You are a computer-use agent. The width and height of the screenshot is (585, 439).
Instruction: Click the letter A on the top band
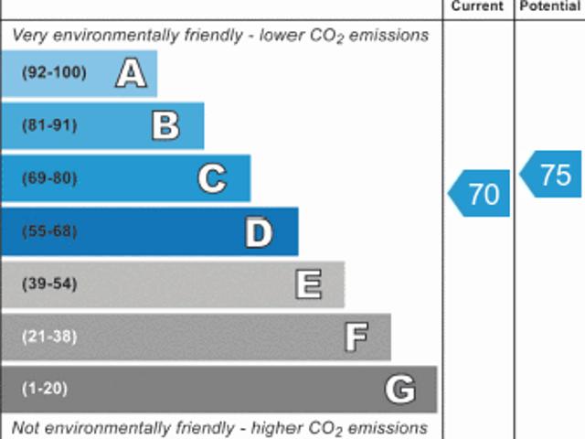(x=131, y=73)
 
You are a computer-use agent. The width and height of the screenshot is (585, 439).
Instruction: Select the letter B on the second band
(x=165, y=125)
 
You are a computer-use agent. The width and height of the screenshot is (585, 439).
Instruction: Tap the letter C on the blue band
(x=212, y=178)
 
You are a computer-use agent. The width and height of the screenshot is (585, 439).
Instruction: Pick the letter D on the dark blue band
(x=259, y=232)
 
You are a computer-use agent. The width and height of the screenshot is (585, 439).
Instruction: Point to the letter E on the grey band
(x=308, y=284)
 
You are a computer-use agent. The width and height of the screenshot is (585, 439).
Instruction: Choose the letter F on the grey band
(x=356, y=337)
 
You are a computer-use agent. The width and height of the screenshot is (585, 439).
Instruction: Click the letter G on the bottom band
(x=400, y=390)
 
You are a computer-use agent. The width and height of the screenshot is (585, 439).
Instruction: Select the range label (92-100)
(x=54, y=73)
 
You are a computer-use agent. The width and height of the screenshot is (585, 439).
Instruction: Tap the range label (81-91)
(x=49, y=125)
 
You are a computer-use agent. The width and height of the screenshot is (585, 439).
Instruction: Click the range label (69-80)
(x=49, y=178)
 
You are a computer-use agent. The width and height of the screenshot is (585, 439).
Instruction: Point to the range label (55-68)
(x=49, y=231)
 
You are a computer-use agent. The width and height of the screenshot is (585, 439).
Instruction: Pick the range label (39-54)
(x=49, y=284)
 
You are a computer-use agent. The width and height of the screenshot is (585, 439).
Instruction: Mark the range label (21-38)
(x=49, y=337)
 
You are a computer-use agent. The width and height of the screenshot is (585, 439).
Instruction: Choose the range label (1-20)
(x=45, y=389)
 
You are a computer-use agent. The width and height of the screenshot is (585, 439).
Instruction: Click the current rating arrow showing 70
(x=480, y=194)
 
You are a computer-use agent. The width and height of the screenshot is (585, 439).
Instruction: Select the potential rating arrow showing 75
(x=552, y=174)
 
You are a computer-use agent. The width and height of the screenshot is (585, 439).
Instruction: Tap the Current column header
(x=477, y=6)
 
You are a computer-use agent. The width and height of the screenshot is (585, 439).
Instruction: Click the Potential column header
(x=549, y=6)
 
